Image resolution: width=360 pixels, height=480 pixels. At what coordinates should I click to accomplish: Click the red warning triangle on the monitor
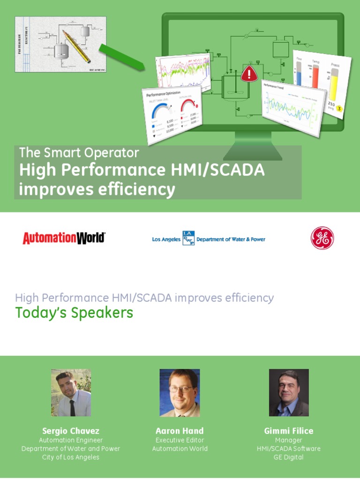[x=249, y=74]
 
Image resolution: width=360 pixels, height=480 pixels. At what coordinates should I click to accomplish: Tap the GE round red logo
[x=322, y=238]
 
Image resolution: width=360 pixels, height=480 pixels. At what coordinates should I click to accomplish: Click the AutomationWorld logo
[x=64, y=238]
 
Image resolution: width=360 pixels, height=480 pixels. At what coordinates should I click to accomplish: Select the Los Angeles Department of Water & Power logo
[x=209, y=239]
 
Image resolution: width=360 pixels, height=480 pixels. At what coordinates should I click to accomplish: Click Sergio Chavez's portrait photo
[x=71, y=393]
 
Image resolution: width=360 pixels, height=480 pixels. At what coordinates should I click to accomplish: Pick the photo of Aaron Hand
[x=180, y=393]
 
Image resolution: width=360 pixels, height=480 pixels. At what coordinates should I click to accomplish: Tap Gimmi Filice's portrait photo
[x=289, y=393]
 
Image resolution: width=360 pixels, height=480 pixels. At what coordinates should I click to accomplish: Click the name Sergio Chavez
[x=71, y=431]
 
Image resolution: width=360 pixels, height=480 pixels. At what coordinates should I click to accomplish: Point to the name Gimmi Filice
[x=289, y=431]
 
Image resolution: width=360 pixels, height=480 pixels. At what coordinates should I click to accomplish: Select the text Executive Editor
[x=180, y=440]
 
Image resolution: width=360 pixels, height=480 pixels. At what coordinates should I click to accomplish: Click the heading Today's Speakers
[x=74, y=313]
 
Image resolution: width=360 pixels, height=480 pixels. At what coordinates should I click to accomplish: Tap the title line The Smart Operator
[x=79, y=153]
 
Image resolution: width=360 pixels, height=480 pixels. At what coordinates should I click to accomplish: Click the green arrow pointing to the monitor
[x=121, y=57]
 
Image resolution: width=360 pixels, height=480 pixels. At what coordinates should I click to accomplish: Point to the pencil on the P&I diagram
[x=76, y=46]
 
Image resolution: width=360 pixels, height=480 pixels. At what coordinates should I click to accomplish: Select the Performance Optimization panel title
[x=161, y=93]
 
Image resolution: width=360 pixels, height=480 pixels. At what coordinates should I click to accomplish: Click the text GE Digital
[x=289, y=457]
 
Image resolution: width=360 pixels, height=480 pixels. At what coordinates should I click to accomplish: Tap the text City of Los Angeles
[x=71, y=457]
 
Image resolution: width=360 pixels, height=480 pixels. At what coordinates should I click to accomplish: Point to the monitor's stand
[x=253, y=146]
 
